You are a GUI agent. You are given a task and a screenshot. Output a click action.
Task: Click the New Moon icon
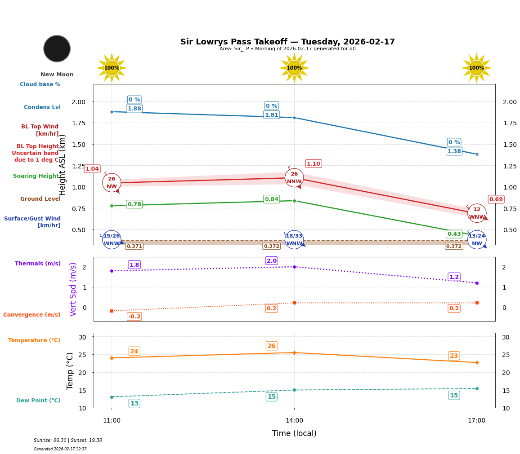(x=57, y=48)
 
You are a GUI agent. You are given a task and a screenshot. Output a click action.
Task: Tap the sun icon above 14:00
(x=294, y=68)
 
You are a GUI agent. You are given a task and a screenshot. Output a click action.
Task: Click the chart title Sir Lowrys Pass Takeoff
(x=287, y=42)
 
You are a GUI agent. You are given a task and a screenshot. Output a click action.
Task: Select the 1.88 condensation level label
(x=134, y=109)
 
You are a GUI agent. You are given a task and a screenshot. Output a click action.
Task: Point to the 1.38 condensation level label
(x=454, y=151)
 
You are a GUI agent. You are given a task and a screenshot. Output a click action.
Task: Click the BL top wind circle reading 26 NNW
(x=294, y=178)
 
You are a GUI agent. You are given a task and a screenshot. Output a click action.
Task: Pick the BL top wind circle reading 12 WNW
(x=477, y=213)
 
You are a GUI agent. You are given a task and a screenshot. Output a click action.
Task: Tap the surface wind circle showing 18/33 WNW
(x=294, y=240)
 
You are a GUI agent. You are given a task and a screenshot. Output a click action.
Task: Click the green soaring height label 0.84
(x=271, y=199)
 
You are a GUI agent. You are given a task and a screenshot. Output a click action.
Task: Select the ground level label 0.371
(x=134, y=246)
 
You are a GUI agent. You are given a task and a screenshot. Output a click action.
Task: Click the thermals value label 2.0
(x=272, y=261)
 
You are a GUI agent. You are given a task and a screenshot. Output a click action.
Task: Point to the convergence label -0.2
(x=134, y=317)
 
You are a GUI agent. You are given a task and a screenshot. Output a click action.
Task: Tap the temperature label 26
(x=271, y=346)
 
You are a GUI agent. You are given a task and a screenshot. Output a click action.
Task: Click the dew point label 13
(x=134, y=404)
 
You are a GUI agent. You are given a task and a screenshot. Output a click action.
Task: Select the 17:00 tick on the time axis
(x=476, y=421)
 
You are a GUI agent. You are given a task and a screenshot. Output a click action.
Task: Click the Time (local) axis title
(x=294, y=433)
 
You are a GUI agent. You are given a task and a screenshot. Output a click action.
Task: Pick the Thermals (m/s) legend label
(x=38, y=264)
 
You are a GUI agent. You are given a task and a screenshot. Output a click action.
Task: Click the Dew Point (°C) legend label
(x=38, y=401)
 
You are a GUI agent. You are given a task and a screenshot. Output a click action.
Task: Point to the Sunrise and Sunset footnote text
(x=68, y=441)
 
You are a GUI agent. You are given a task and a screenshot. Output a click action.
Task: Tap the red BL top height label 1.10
(x=314, y=164)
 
